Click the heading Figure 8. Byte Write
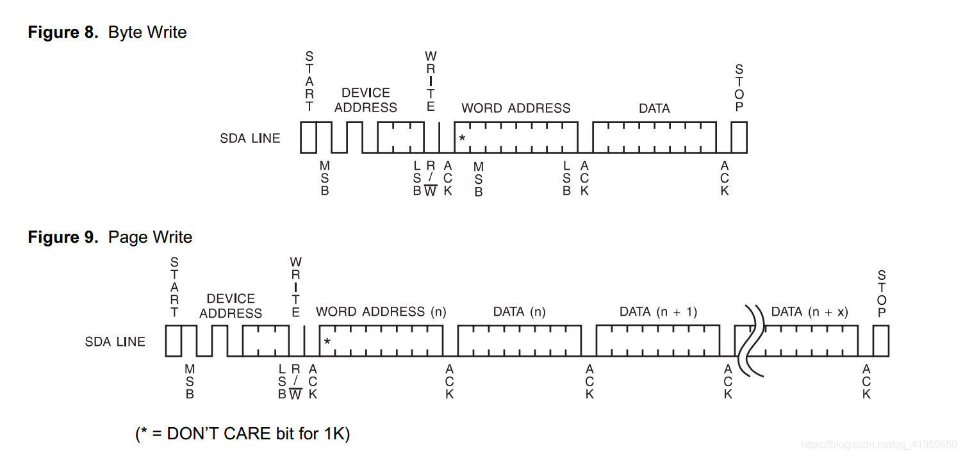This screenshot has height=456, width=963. coord(107,33)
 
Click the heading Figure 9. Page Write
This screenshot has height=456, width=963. coord(110,238)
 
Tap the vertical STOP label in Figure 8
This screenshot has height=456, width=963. coord(739,88)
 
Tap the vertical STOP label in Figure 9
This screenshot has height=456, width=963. coord(882,294)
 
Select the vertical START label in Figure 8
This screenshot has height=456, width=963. coord(309,82)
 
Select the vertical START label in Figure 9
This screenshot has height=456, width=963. coord(174,288)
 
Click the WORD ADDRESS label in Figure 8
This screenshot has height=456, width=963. coord(516,108)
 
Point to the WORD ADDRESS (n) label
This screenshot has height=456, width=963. coord(381,312)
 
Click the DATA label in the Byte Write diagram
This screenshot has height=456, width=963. coord(654,109)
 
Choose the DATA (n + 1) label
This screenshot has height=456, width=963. coord(658,312)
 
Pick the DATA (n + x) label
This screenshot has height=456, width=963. coord(809,312)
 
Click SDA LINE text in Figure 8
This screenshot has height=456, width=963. coord(250,138)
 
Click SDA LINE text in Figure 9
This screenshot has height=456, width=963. coord(115,342)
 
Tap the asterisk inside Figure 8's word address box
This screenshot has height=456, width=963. coord(462,138)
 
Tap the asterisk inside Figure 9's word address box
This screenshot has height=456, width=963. coord(327,342)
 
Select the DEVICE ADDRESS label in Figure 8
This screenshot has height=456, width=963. coord(366,100)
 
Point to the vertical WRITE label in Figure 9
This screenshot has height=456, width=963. coord(295,288)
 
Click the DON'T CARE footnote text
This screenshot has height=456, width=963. coord(242,434)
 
